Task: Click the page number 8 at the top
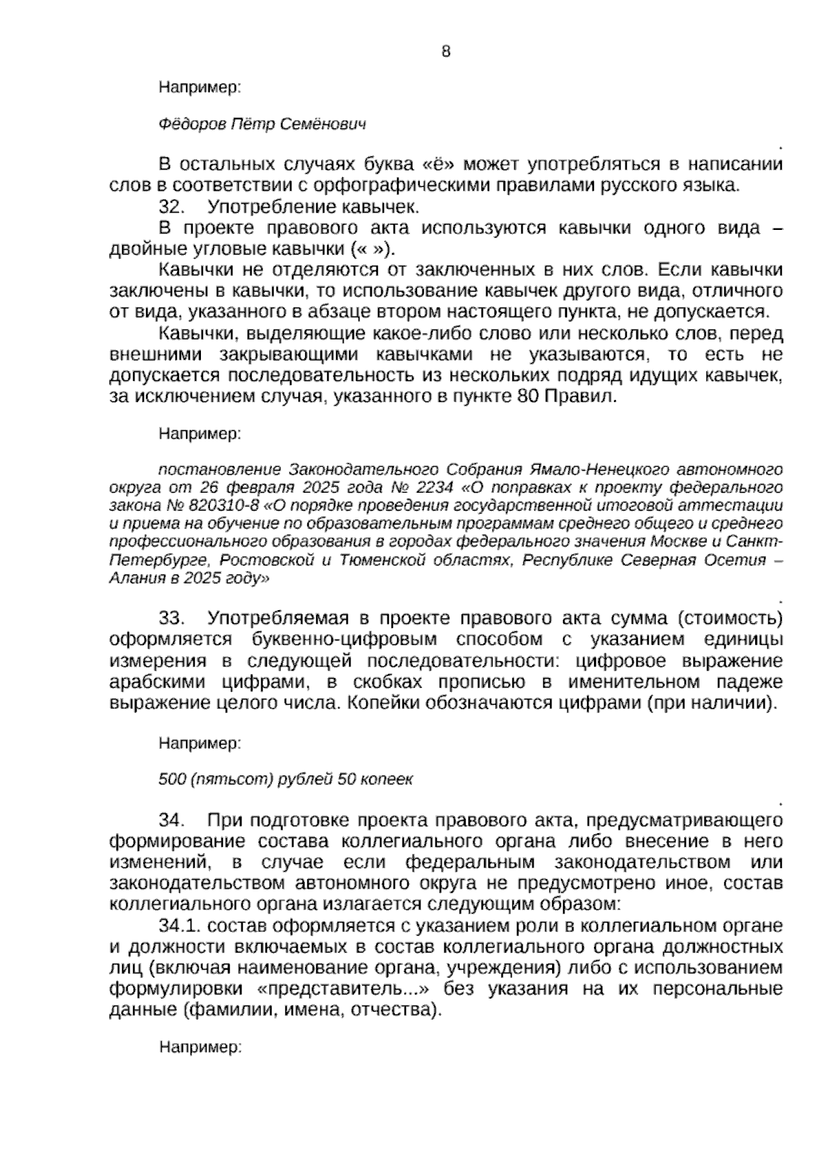pos(446,51)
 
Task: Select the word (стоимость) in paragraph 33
pos(730,618)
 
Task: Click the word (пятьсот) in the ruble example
pos(223,779)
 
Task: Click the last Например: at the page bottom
pos(200,1047)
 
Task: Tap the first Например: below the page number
pos(200,87)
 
